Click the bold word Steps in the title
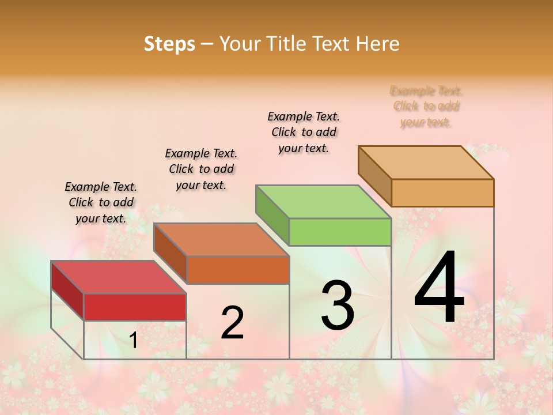click(169, 44)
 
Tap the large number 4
click(439, 288)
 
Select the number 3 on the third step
click(338, 305)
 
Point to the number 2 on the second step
click(232, 323)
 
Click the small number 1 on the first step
click(133, 341)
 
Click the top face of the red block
click(119, 277)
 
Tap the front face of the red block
click(135, 307)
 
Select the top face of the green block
click(323, 202)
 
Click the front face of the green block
click(340, 232)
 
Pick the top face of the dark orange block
click(221, 240)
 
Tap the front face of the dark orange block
click(237, 270)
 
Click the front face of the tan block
click(442, 193)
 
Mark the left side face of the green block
click(272, 215)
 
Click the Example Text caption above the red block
click(101, 202)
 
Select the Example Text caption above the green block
click(304, 132)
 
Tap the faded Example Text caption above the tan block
click(426, 106)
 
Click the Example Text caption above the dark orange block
click(201, 169)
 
